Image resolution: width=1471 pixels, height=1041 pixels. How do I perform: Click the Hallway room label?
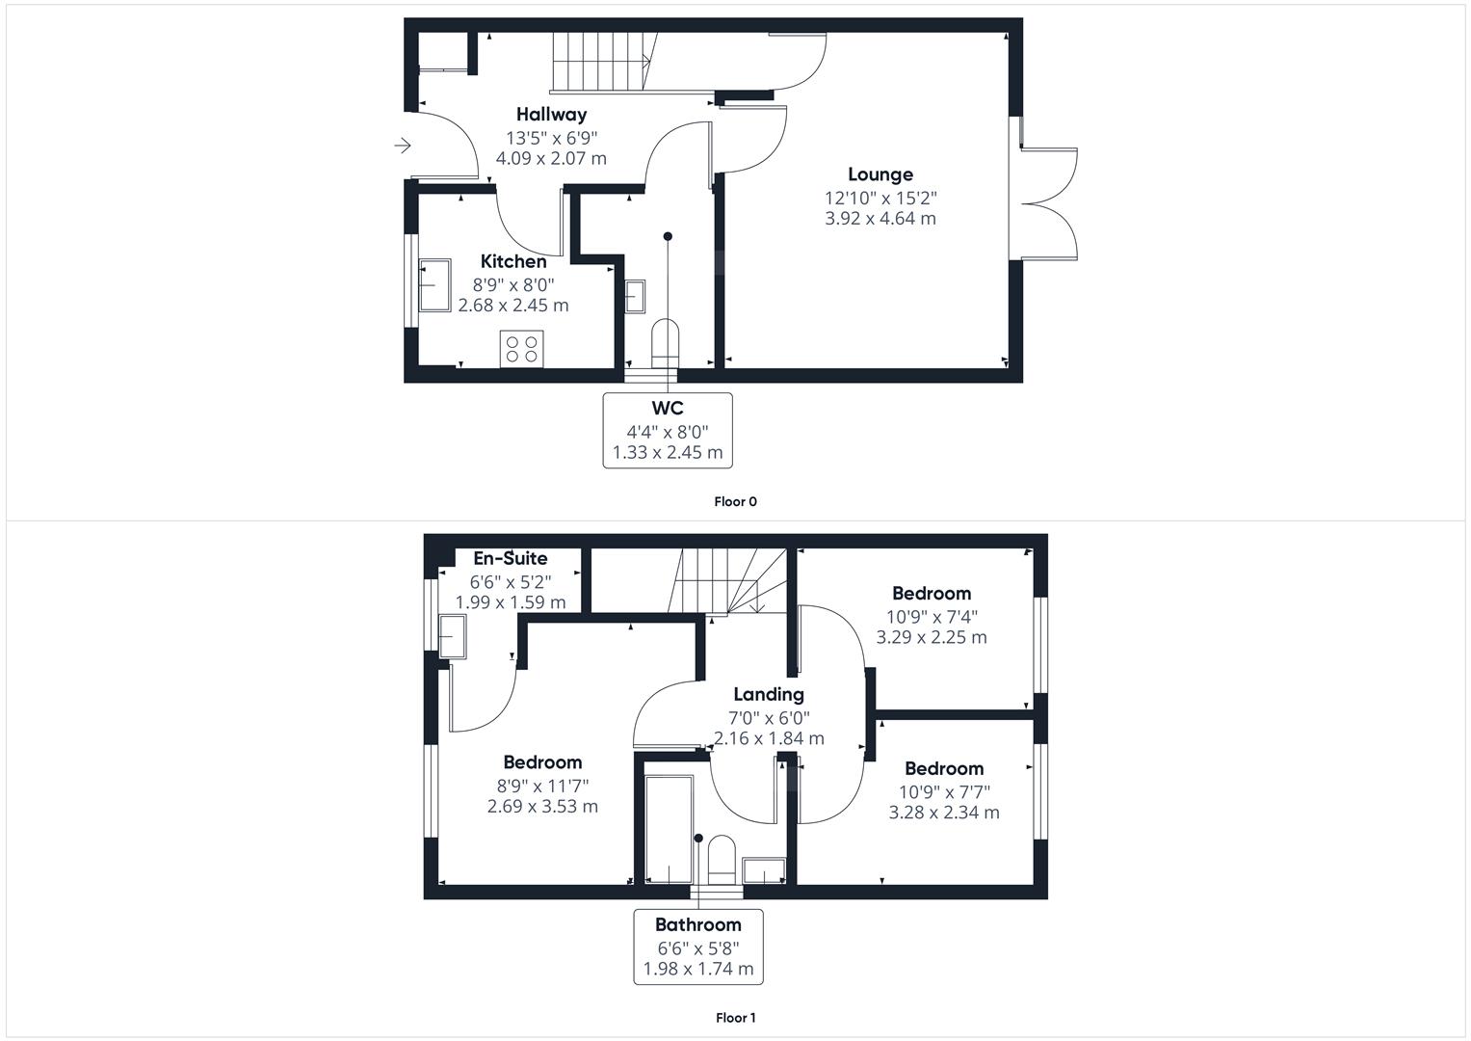[x=551, y=115]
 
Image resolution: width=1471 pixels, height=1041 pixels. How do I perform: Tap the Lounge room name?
[x=880, y=174]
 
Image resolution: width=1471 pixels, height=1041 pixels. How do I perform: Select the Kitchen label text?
[x=513, y=261]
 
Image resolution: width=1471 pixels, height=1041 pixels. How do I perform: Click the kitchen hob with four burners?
[x=521, y=349]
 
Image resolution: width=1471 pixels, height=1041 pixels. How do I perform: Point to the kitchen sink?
[x=434, y=285]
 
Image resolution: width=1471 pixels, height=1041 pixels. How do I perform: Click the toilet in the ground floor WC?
[x=665, y=342]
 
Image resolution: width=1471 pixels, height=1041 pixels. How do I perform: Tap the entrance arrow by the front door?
[x=403, y=146]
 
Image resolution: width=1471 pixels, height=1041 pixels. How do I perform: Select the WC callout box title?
[x=668, y=408]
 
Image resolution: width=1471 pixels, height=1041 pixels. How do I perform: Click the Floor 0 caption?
[x=736, y=501]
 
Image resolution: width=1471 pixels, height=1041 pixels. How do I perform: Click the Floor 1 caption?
[x=736, y=1018]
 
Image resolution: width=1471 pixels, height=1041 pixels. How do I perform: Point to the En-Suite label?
[x=511, y=559]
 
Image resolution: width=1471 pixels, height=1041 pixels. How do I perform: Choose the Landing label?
[x=769, y=695]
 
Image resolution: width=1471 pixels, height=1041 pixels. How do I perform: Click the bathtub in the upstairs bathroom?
[x=669, y=829]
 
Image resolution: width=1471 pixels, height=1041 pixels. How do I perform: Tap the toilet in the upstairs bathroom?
[x=722, y=860]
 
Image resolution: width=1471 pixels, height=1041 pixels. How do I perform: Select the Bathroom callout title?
[x=698, y=925]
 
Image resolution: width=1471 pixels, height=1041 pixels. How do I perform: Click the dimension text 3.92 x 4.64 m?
[x=880, y=218]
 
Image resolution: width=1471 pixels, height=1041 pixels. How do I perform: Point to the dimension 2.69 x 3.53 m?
[x=542, y=807]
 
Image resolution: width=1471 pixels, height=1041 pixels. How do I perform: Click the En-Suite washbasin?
[x=452, y=636]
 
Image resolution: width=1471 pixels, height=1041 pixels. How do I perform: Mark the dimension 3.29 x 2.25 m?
[x=932, y=637]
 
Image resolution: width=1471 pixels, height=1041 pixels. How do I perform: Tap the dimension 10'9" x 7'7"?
[x=944, y=792]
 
